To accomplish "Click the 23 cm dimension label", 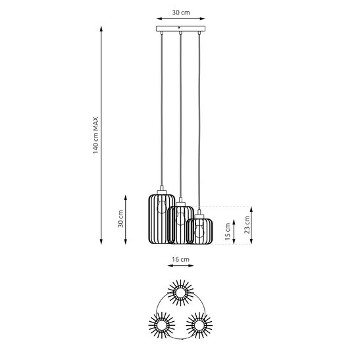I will tap(247, 226).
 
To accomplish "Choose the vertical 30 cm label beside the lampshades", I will tap(120, 219).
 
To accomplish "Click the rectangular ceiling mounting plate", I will tap(180, 30).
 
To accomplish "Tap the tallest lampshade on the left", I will tap(159, 219).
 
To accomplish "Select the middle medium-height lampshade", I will tap(180, 225).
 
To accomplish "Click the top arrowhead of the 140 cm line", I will tap(101, 29).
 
